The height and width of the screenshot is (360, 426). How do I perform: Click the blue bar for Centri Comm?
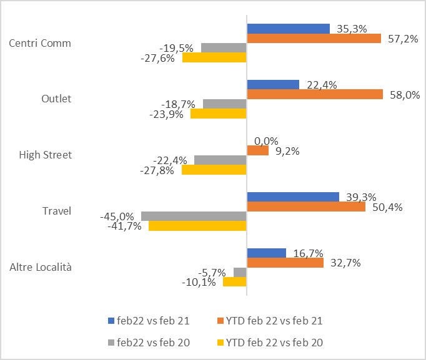(288, 29)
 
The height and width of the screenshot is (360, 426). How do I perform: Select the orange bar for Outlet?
(315, 94)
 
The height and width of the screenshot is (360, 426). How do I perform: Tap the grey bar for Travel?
(194, 216)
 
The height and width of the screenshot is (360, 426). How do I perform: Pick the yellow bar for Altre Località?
(234, 282)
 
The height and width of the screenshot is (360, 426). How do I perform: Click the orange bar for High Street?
(257, 150)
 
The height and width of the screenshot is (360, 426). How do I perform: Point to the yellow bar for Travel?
(197, 226)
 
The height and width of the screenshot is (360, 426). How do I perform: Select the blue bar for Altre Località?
(266, 253)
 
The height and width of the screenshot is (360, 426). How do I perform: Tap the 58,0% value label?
(404, 95)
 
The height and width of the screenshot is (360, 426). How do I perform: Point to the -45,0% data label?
(117, 216)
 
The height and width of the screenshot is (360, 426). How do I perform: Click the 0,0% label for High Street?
(266, 141)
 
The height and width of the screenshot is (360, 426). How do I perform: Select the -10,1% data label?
(199, 282)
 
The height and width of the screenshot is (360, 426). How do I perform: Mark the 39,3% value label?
(360, 197)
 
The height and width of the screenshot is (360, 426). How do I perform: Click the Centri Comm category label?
(40, 43)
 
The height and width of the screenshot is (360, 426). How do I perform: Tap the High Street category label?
(46, 155)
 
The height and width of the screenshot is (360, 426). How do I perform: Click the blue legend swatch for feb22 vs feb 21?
(111, 321)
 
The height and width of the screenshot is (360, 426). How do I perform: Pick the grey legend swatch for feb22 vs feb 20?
(111, 343)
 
